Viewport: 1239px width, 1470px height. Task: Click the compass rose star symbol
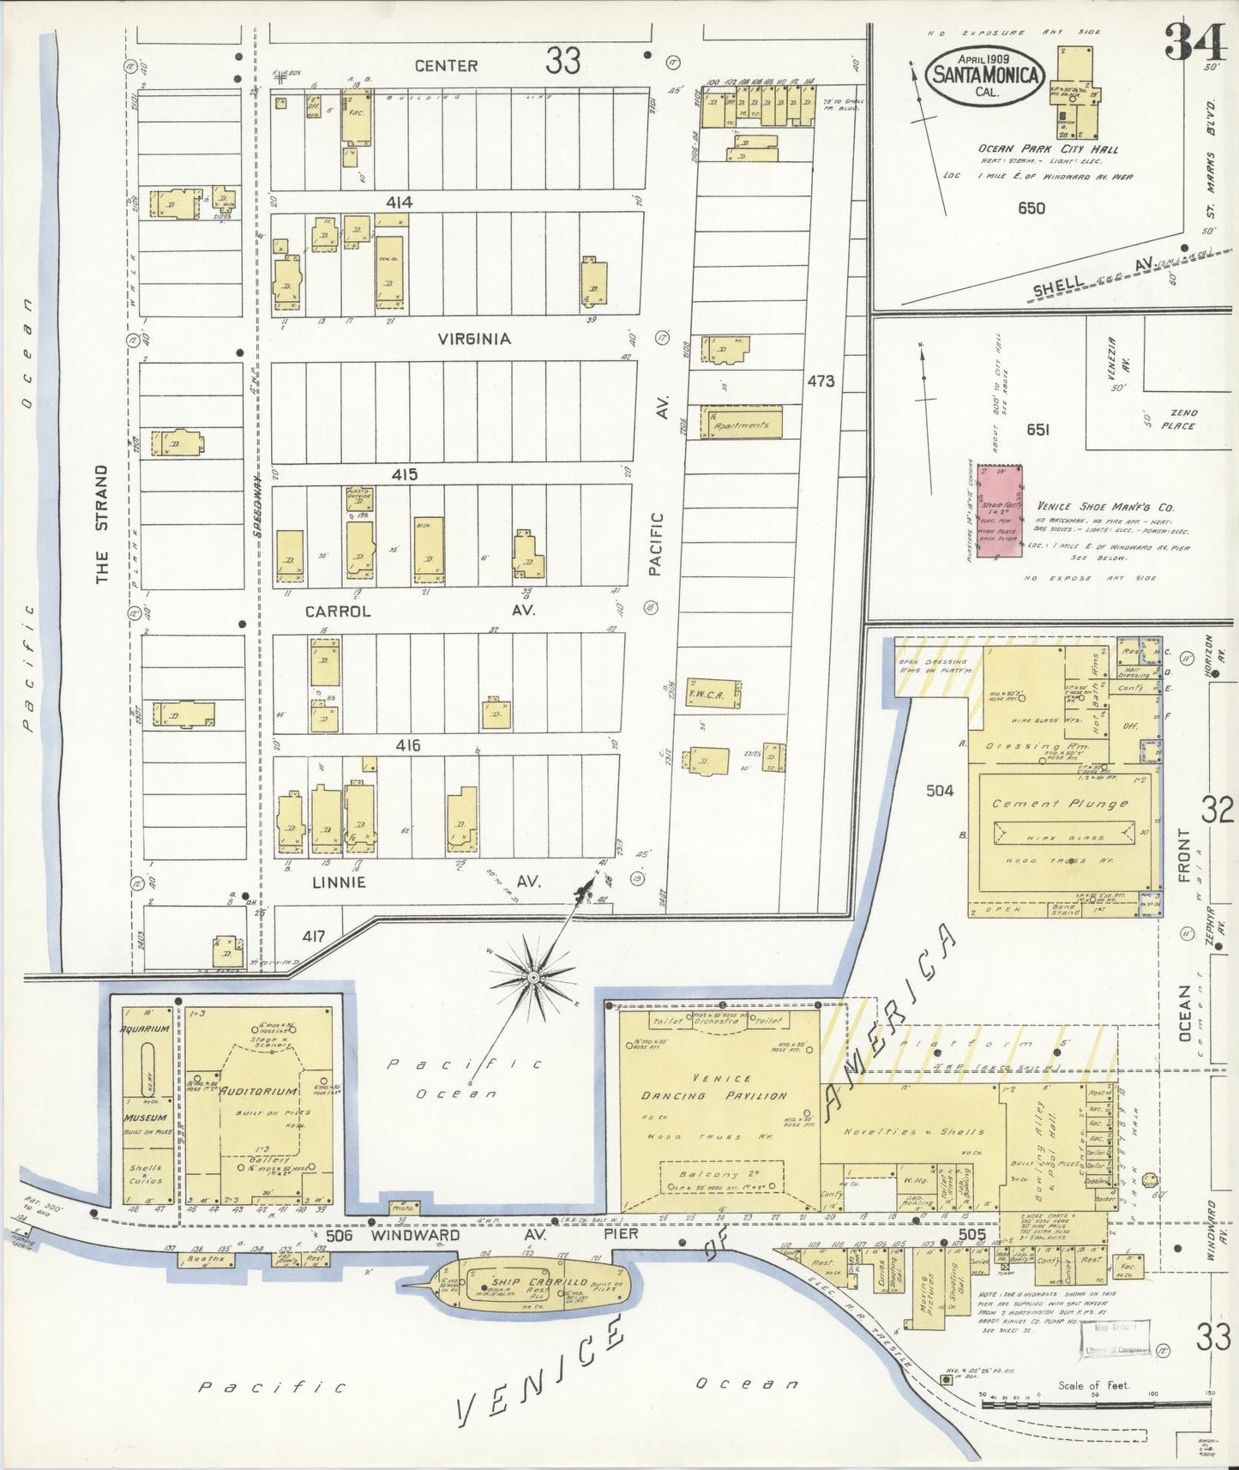coord(532,977)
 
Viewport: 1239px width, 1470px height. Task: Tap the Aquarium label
coord(145,1028)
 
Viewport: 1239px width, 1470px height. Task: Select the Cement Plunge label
coord(1060,804)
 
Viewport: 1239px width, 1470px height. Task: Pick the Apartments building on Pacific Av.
coord(742,425)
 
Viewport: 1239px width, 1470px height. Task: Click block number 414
coord(399,202)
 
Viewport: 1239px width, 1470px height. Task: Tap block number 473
coord(821,380)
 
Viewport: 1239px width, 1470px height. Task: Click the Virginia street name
coord(474,339)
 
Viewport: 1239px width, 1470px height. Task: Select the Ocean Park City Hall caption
coord(1048,149)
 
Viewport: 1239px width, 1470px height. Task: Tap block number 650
coord(1031,208)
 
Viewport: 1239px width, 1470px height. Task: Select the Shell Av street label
coord(1089,279)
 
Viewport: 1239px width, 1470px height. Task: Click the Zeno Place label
coord(1178,419)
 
